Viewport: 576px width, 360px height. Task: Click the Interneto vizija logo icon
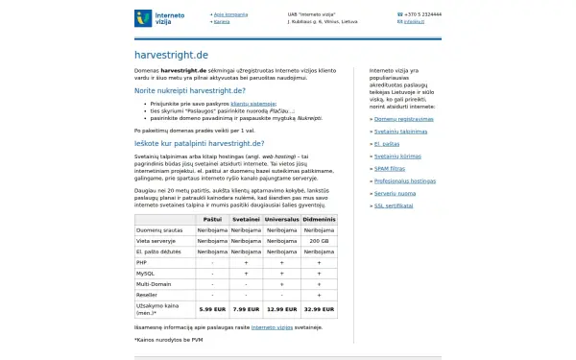[x=143, y=17]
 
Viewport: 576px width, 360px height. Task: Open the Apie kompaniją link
[x=231, y=14]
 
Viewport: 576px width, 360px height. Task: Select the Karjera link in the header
[x=222, y=20]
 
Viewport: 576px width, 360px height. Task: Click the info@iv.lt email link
[x=414, y=20]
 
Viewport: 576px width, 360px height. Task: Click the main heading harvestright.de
[x=171, y=55]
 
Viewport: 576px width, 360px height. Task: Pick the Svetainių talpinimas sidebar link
[x=401, y=131]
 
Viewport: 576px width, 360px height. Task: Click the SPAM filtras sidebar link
[x=391, y=167]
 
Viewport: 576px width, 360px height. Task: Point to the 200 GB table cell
[x=319, y=240]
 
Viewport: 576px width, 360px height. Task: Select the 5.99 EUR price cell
[x=211, y=309]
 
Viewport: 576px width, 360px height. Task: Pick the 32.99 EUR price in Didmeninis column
[x=319, y=309]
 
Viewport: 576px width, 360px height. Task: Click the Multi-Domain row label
[x=154, y=283]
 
